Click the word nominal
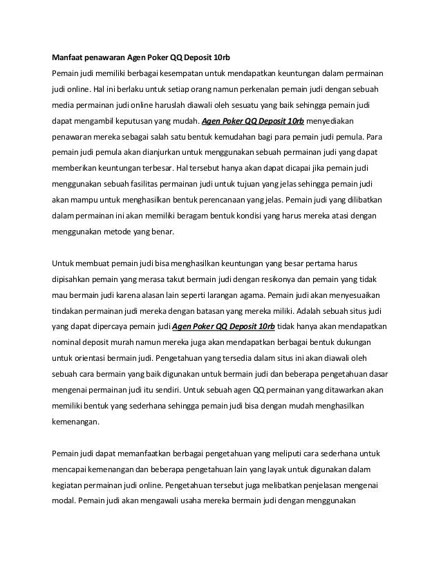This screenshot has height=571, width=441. pyautogui.click(x=68, y=341)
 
